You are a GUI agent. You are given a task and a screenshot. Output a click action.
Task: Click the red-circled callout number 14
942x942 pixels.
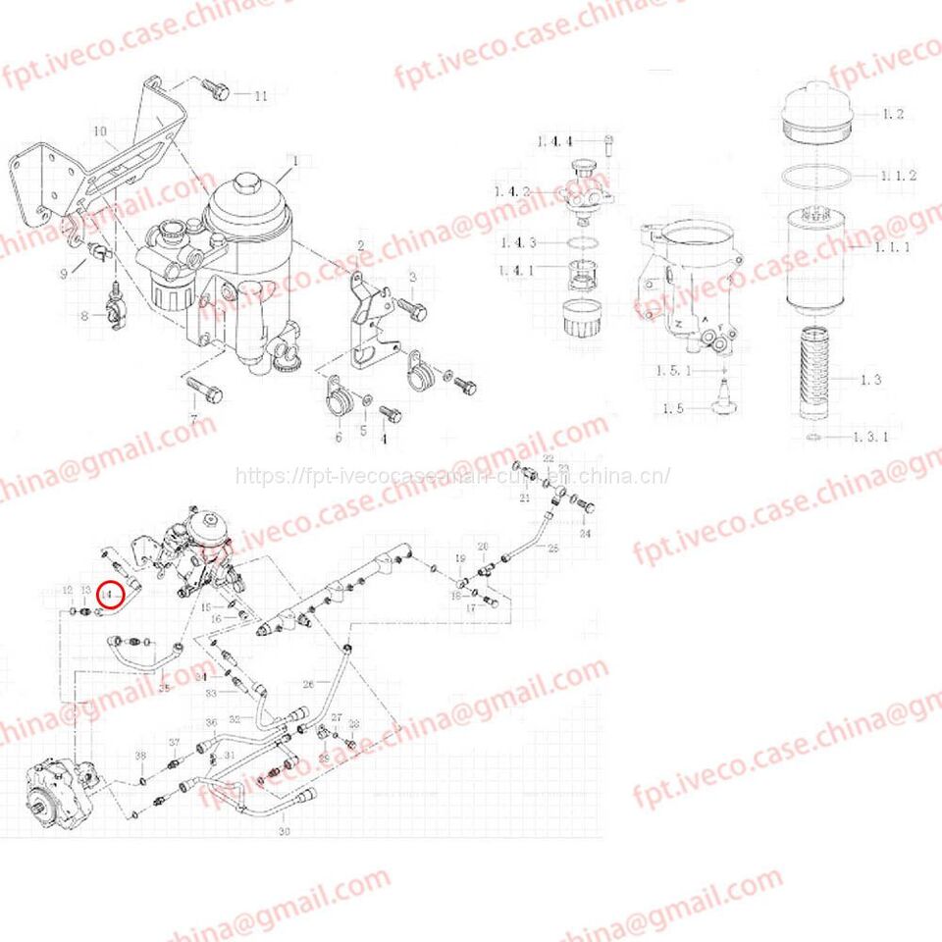point(114,595)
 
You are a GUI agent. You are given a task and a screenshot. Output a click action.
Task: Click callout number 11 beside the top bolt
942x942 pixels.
point(260,96)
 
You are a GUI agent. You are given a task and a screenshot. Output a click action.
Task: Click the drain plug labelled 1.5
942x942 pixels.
point(724,399)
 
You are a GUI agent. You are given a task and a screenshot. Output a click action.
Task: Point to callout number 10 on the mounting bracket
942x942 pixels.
point(100,131)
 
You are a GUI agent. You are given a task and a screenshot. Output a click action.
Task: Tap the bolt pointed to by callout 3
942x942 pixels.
point(413,309)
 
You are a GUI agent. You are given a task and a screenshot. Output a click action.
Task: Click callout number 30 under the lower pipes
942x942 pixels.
point(285,832)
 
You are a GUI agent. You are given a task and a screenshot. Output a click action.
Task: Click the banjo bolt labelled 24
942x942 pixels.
point(587,506)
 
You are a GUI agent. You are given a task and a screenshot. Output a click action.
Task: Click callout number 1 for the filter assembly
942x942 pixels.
point(291,159)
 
